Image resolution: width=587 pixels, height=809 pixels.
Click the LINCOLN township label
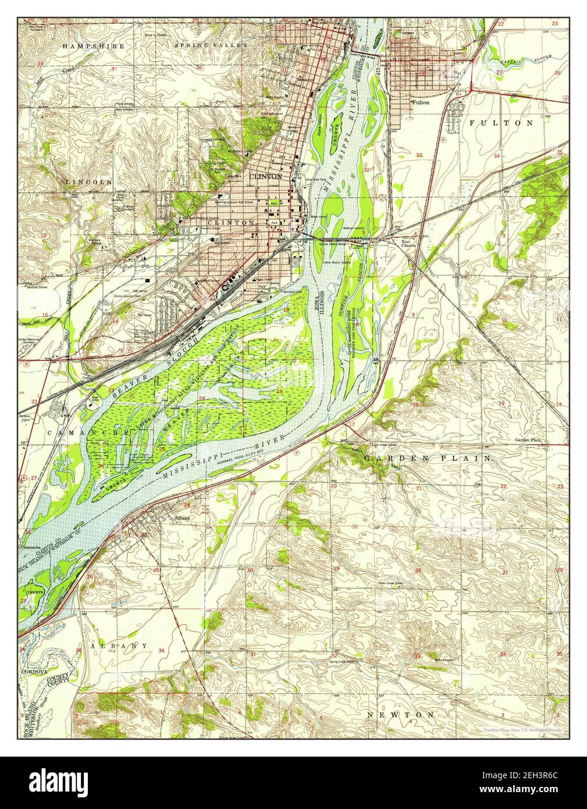pyautogui.click(x=88, y=182)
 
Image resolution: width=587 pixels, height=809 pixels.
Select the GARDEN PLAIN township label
pyautogui.click(x=428, y=459)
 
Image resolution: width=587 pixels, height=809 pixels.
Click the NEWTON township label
pyautogui.click(x=400, y=714)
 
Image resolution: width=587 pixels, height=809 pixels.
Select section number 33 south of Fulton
pyautogui.click(x=419, y=155)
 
